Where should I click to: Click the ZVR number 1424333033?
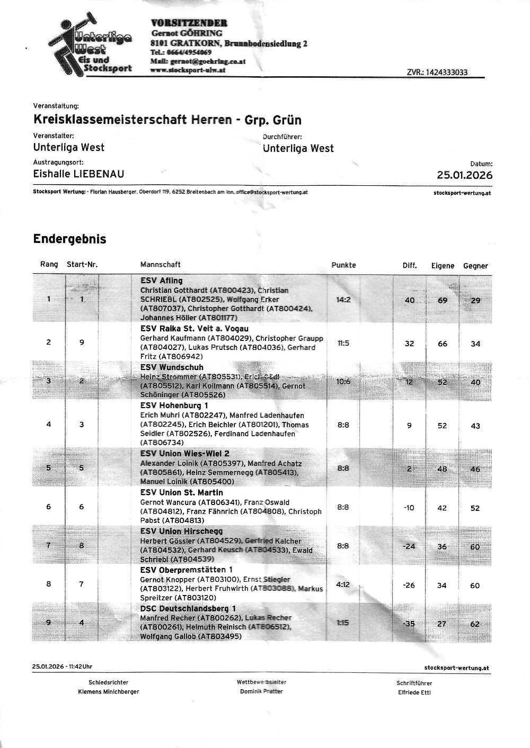pyautogui.click(x=437, y=73)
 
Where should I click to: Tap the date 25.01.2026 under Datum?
pyautogui.click(x=464, y=175)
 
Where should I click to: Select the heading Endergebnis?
pyautogui.click(x=69, y=239)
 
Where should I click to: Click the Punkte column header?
pyautogui.click(x=343, y=265)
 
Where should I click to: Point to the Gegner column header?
pyautogui.click(x=475, y=266)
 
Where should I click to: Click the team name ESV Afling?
pyautogui.click(x=161, y=281)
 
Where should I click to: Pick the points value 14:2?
pyautogui.click(x=343, y=300)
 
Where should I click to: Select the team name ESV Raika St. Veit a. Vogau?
pyautogui.click(x=194, y=329)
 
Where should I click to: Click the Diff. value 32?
pyautogui.click(x=409, y=344)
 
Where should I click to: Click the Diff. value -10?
pyautogui.click(x=409, y=508)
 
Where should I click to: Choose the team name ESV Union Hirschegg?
pyautogui.click(x=181, y=531)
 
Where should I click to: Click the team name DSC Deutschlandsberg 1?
pyautogui.click(x=188, y=609)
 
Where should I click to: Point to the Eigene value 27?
pyautogui.click(x=441, y=624)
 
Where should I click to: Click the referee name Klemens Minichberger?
pyautogui.click(x=109, y=692)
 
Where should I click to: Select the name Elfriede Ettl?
pyautogui.click(x=414, y=692)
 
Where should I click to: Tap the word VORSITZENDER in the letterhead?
pyautogui.click(x=189, y=23)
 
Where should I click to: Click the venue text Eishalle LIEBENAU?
pyautogui.click(x=79, y=174)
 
